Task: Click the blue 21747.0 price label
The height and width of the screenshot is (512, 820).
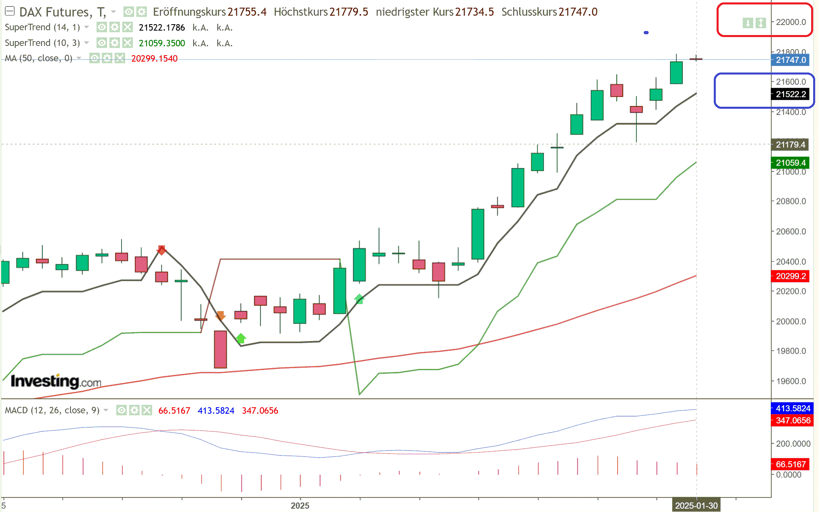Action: coord(791,60)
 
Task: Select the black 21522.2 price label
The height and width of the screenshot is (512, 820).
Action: coord(791,94)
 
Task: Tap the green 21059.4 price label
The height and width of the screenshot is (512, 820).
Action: coord(791,163)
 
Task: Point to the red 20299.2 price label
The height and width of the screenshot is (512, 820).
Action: coord(791,276)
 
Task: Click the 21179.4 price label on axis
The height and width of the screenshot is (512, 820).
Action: coord(790,145)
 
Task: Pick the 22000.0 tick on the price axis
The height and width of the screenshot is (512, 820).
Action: coord(791,22)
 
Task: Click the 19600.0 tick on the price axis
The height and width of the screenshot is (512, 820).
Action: coord(791,381)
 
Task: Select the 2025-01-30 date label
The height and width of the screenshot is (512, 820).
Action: coord(696,506)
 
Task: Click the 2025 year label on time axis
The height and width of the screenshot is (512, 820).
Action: coord(300,506)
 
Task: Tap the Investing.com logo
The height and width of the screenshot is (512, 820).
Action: coord(56,381)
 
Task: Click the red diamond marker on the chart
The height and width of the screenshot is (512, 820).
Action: coord(161,250)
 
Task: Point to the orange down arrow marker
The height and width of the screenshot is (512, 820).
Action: coord(220,316)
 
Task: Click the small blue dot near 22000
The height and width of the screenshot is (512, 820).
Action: coord(646,33)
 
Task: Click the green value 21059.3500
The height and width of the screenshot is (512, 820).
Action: coord(162,43)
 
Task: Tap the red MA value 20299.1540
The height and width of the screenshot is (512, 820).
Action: coord(154,59)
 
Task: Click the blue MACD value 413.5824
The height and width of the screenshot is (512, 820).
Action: coord(216,410)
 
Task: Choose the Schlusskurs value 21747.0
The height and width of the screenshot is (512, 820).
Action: coord(578,12)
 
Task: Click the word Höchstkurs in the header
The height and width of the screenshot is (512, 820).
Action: coord(301,12)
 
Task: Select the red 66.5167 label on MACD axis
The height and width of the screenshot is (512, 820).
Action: coord(791,464)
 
